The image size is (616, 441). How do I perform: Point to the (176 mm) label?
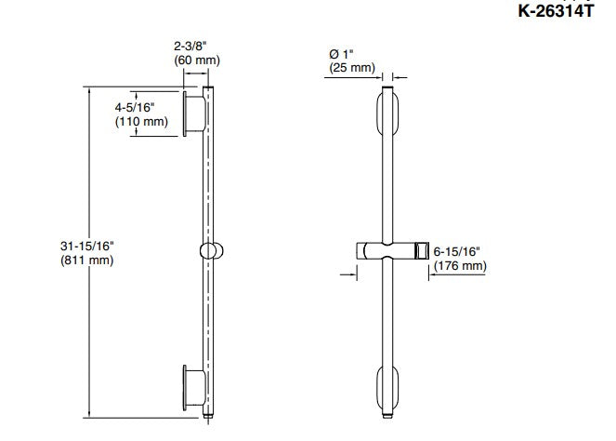pyautogui.click(x=460, y=267)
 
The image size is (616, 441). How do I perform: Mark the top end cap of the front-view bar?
pyautogui.click(x=388, y=90)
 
